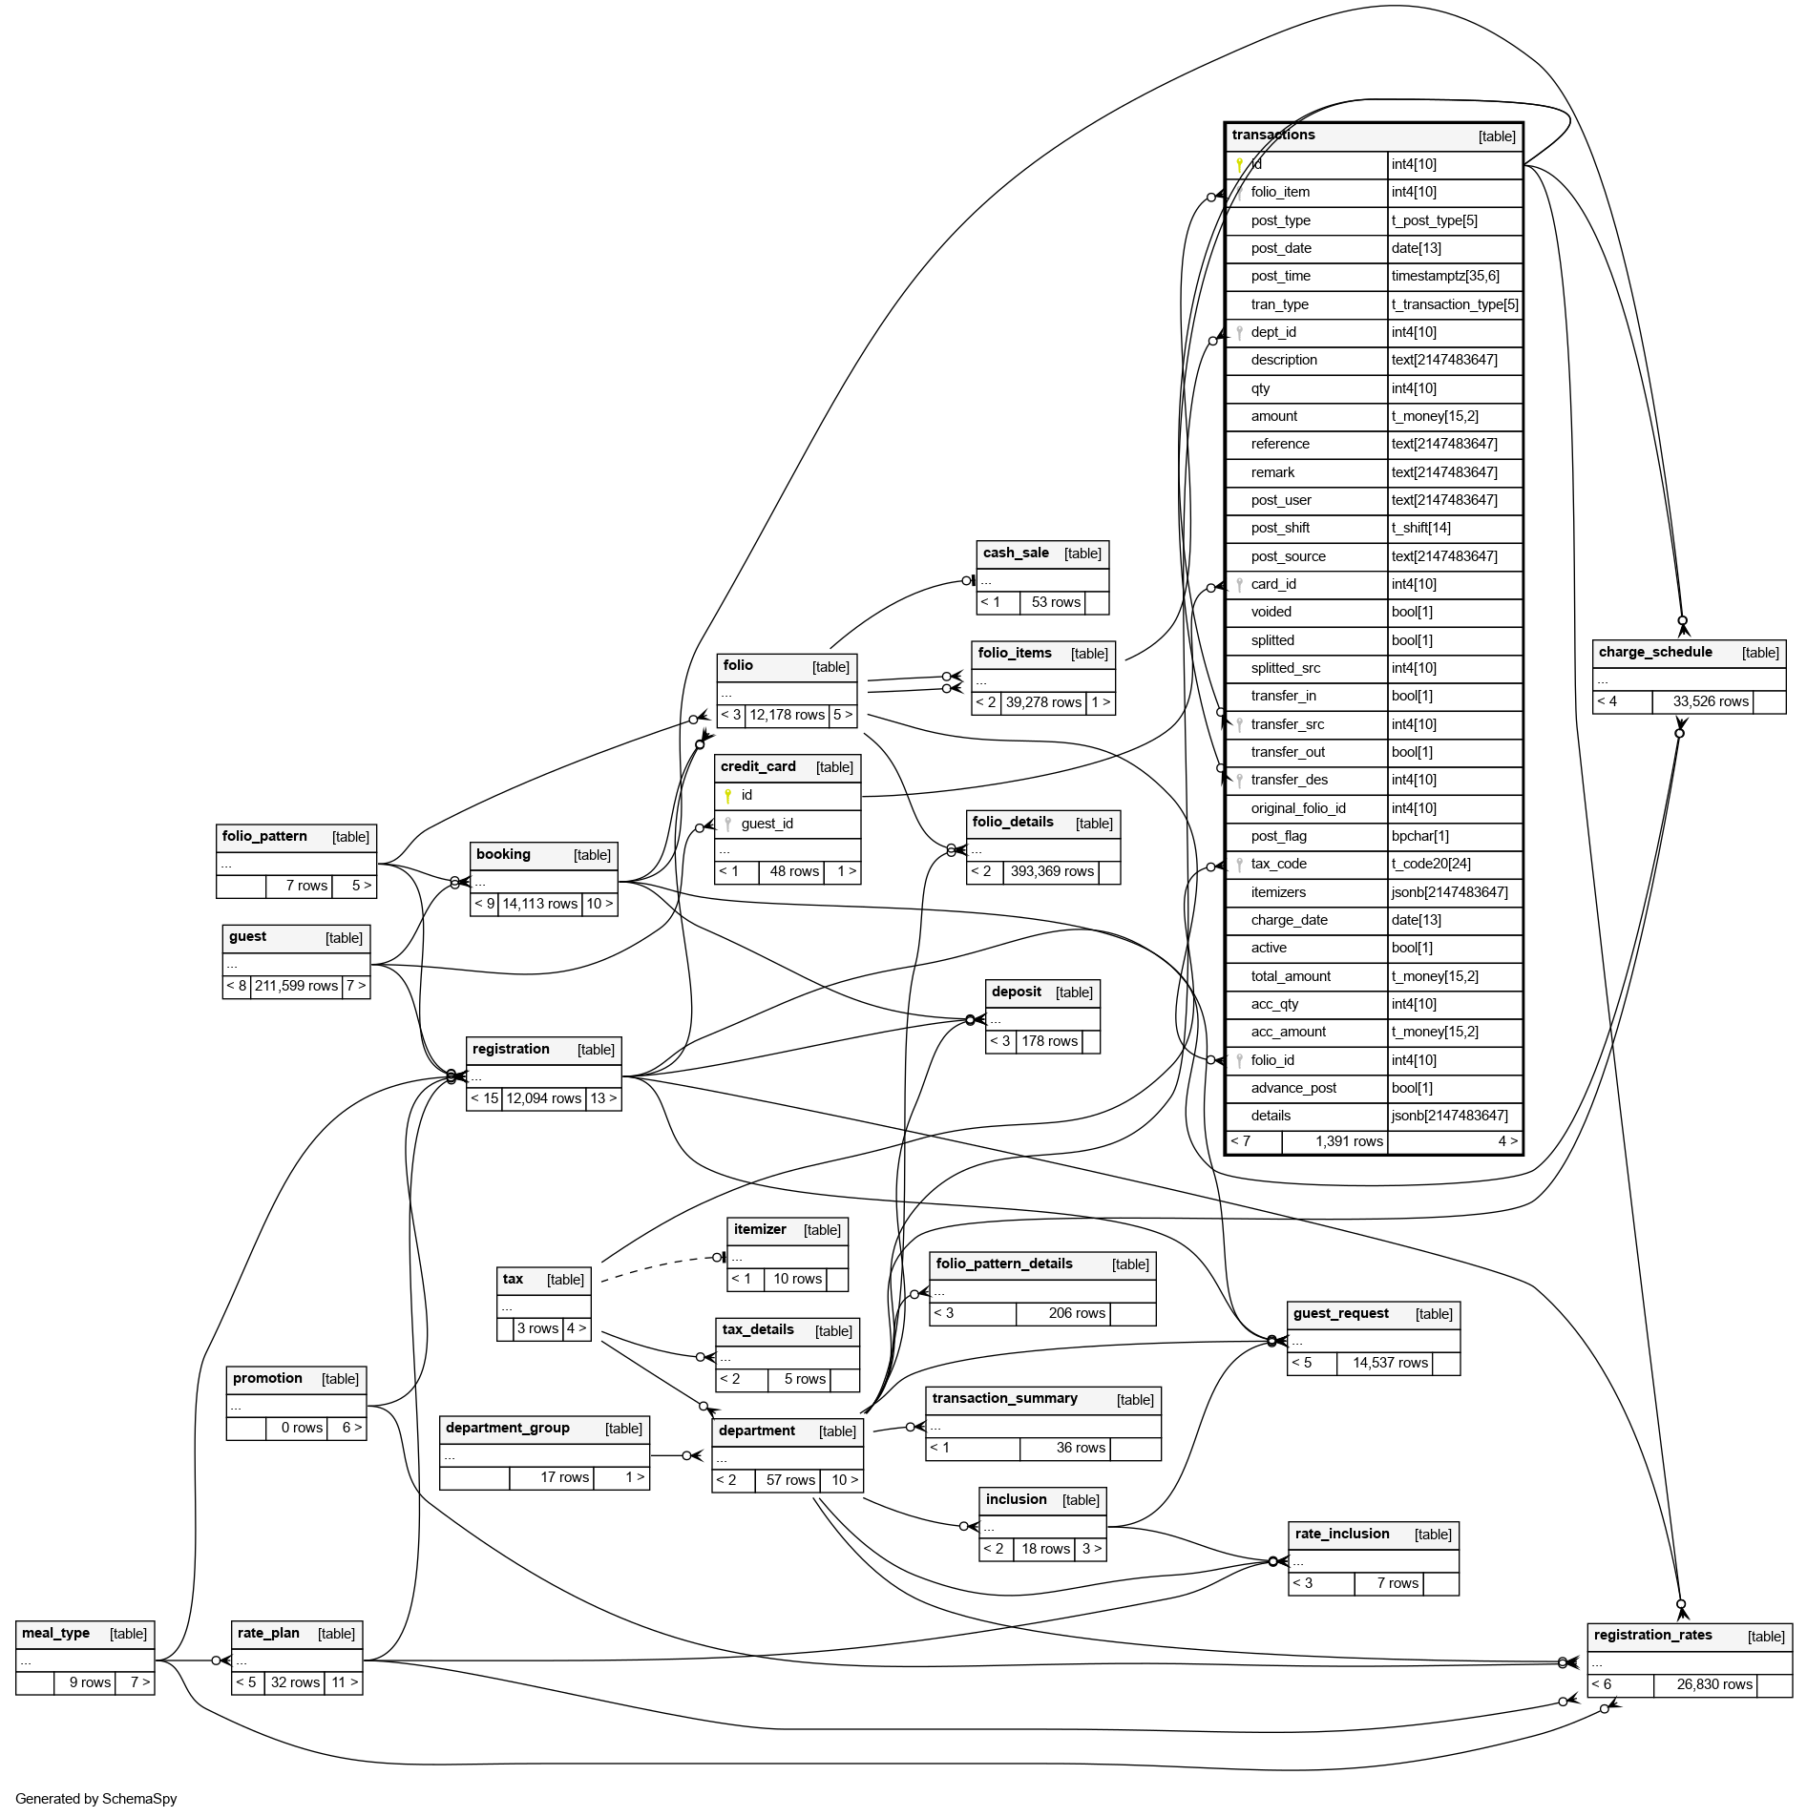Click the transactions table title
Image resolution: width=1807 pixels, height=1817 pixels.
click(1273, 136)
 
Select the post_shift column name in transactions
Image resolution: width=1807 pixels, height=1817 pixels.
click(1280, 528)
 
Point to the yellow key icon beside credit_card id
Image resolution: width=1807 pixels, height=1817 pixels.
click(727, 795)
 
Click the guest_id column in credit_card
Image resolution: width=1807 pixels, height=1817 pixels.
click(767, 824)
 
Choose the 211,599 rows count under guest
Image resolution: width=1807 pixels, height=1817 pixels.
click(296, 986)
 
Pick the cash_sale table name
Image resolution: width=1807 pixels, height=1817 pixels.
click(1016, 553)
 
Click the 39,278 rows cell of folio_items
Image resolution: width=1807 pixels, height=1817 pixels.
click(1043, 702)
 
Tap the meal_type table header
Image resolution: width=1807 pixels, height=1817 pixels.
click(55, 1633)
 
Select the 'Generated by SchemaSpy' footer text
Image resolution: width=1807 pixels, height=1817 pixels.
click(96, 1799)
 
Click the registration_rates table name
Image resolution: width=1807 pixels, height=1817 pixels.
click(1652, 1635)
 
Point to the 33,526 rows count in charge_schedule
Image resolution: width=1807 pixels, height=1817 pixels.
click(1711, 701)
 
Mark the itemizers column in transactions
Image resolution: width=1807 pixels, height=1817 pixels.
click(1278, 892)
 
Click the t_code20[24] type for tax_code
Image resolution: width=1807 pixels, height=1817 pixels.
click(1431, 864)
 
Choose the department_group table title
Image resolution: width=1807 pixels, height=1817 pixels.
click(507, 1428)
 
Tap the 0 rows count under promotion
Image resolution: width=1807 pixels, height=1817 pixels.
click(302, 1428)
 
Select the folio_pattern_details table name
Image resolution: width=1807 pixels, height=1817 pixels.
click(1004, 1264)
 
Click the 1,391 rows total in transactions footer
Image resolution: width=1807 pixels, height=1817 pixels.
click(1349, 1141)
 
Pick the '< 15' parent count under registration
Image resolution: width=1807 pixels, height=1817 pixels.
click(484, 1098)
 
